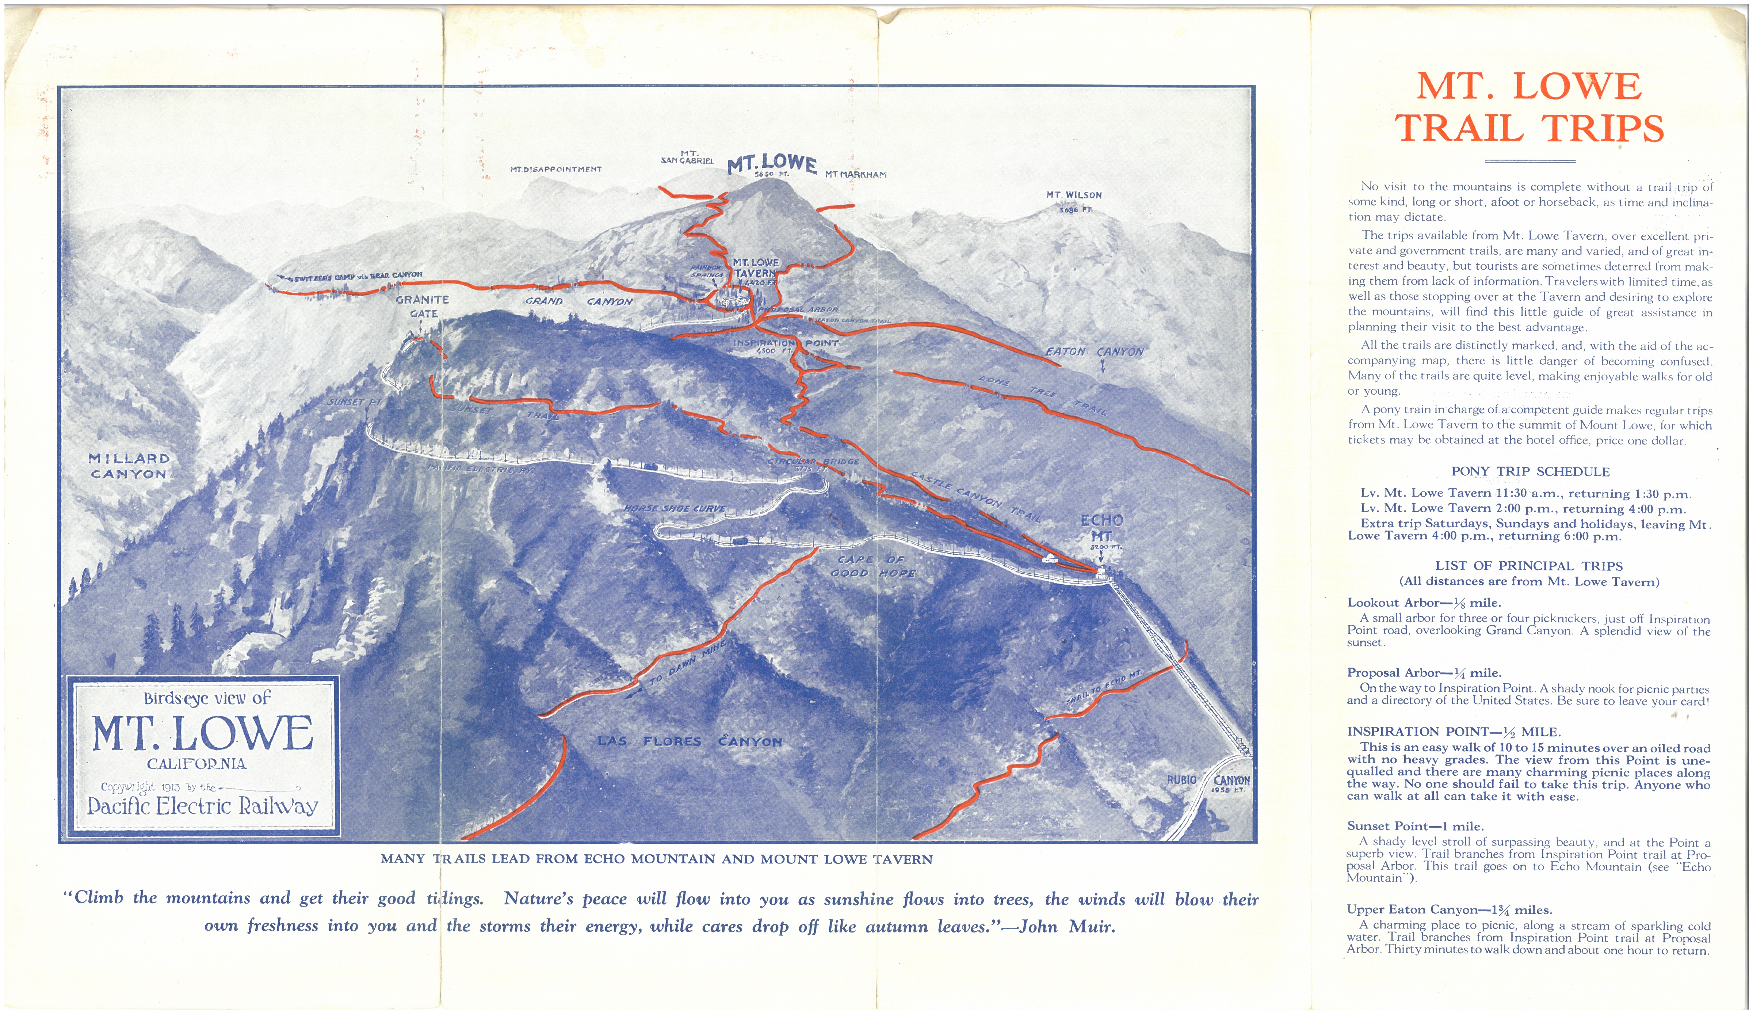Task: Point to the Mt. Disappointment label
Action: point(556,169)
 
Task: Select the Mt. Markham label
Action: point(856,175)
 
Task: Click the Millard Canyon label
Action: point(129,466)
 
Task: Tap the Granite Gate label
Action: point(422,306)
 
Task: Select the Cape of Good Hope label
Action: point(873,566)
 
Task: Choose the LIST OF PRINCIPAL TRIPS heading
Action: point(1528,566)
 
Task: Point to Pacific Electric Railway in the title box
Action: point(202,806)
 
